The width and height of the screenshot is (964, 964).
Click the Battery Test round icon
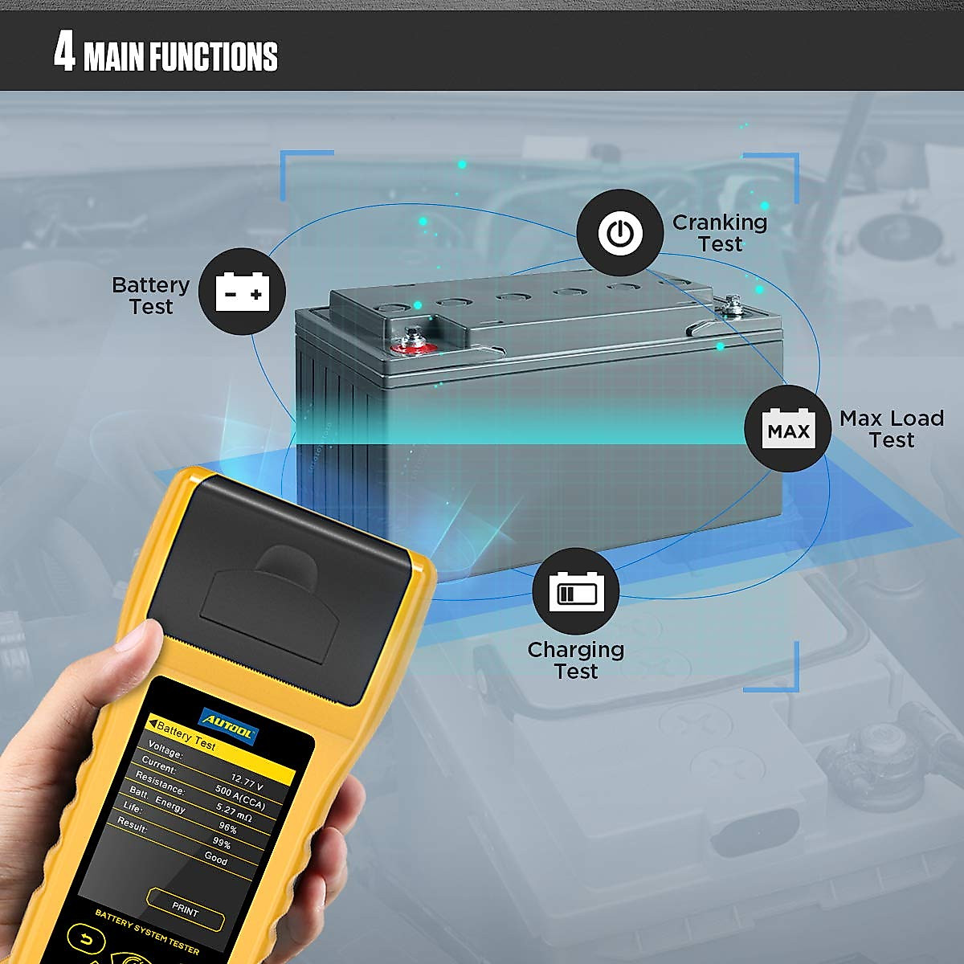click(242, 291)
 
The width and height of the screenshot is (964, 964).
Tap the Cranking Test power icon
click(619, 233)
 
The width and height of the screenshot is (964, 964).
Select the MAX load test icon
click(787, 429)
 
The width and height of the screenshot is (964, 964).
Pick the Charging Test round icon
click(575, 591)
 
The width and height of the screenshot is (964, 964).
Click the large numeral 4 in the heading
click(64, 52)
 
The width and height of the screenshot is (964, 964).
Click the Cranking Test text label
click(720, 233)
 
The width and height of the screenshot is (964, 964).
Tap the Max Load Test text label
click(891, 429)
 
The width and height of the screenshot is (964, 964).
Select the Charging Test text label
click(575, 660)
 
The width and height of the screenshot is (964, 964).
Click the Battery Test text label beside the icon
click(150, 296)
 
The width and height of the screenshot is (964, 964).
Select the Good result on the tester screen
click(215, 858)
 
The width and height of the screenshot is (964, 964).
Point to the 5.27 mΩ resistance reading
click(234, 812)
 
